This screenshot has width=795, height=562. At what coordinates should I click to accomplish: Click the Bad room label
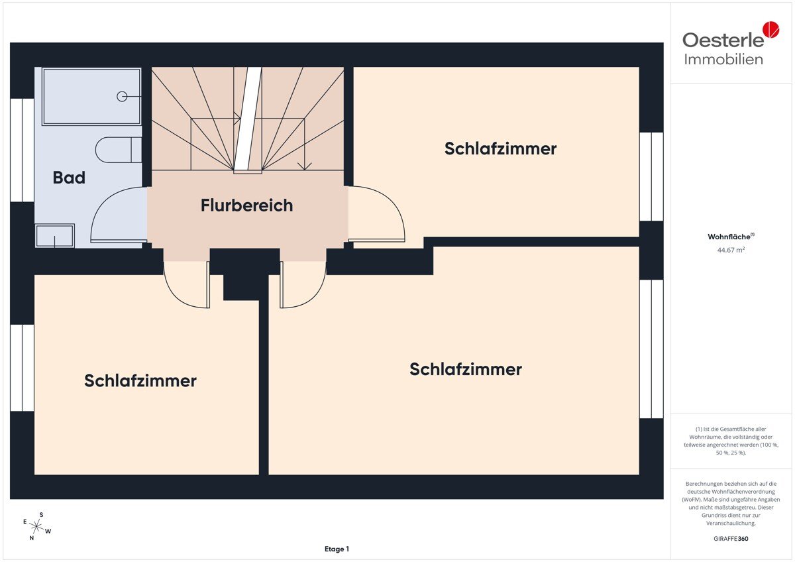point(69,178)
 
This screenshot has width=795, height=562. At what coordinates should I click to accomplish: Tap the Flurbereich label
point(246,205)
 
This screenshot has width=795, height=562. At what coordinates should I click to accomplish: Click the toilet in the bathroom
point(119,150)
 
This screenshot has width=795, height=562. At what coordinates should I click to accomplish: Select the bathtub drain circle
point(122,96)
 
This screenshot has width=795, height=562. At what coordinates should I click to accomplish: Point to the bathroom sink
point(54,235)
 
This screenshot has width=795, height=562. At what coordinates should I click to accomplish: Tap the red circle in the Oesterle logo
point(771,29)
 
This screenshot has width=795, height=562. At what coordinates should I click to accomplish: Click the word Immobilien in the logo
point(723,59)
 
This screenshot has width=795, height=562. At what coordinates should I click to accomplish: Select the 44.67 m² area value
point(731,250)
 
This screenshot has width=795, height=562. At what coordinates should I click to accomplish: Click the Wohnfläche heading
point(731,237)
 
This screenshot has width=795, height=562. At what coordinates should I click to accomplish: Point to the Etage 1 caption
point(337,549)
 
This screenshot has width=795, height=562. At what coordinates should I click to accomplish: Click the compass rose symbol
point(36,526)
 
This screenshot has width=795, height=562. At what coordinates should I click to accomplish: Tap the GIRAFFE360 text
point(731,539)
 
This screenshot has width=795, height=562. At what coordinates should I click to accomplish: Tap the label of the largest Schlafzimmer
point(466,369)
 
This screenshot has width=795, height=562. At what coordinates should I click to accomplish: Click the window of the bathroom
point(22,150)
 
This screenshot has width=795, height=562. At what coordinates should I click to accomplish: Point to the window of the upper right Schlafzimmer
point(651,176)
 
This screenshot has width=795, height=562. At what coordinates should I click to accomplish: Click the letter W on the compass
point(48,532)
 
